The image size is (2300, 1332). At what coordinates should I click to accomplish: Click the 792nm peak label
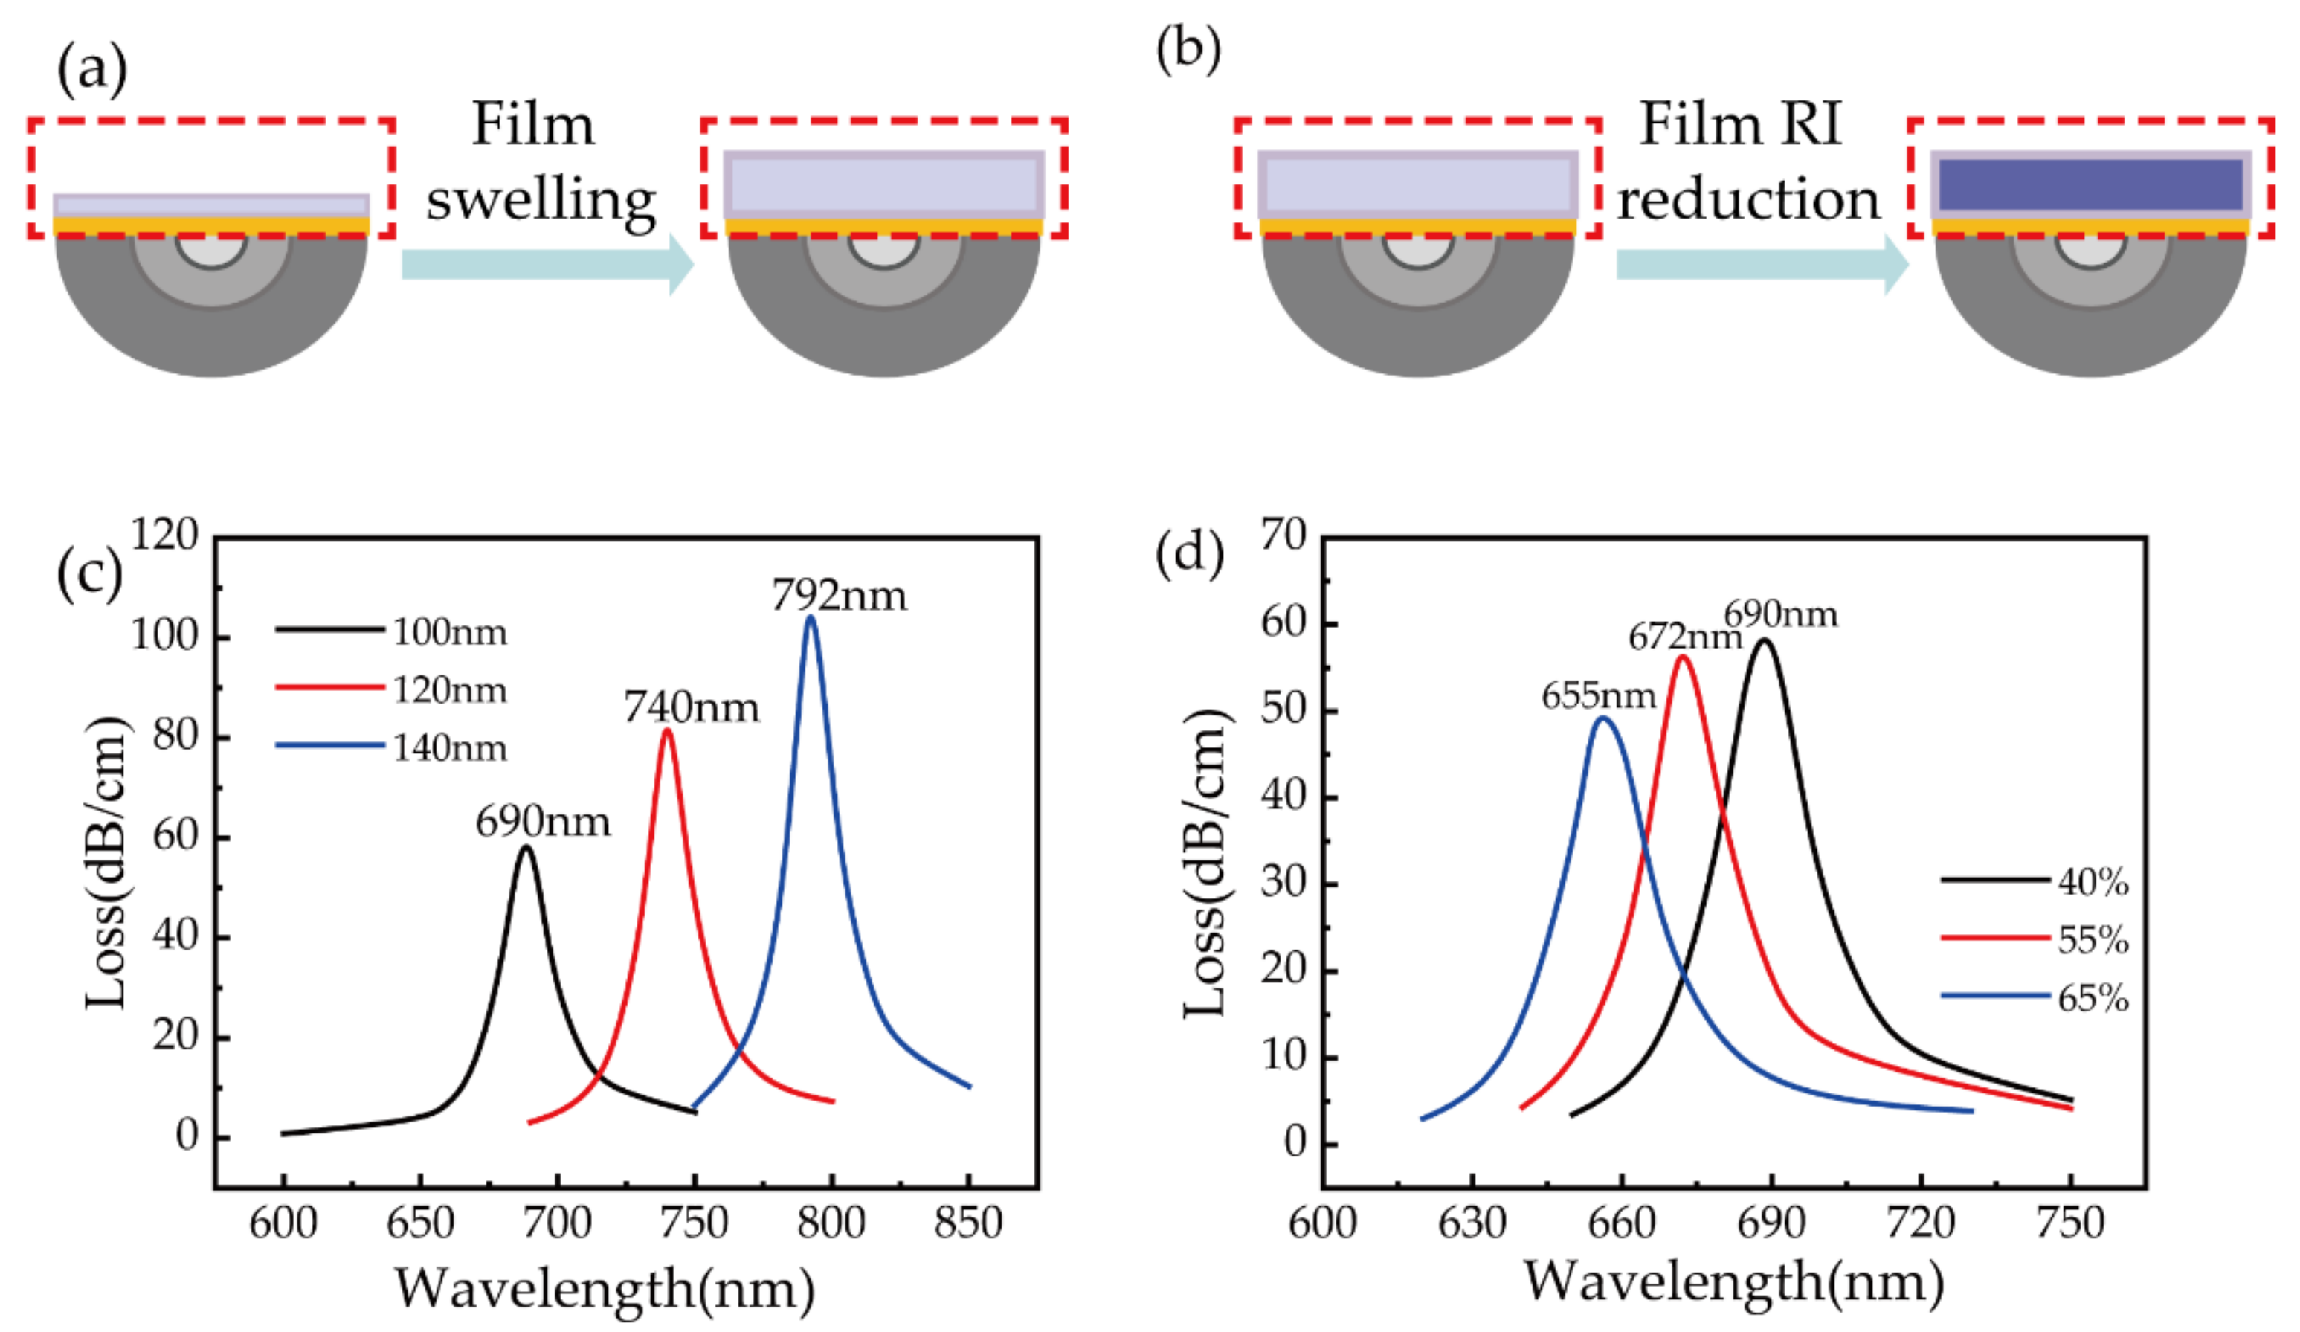[x=839, y=596]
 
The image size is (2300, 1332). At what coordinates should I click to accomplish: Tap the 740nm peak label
[x=691, y=707]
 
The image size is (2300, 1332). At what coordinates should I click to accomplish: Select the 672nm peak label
[x=1684, y=637]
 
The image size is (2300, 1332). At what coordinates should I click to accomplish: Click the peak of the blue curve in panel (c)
[x=810, y=619]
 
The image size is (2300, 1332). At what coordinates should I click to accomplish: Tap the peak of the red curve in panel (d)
[x=1681, y=657]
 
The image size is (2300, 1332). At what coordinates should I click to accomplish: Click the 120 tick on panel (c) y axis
[x=164, y=534]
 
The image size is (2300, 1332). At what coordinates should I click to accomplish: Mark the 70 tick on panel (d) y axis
[x=1283, y=534]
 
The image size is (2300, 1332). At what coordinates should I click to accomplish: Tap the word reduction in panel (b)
[x=1747, y=199]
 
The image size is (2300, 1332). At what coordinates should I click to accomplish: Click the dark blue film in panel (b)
[x=2090, y=184]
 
